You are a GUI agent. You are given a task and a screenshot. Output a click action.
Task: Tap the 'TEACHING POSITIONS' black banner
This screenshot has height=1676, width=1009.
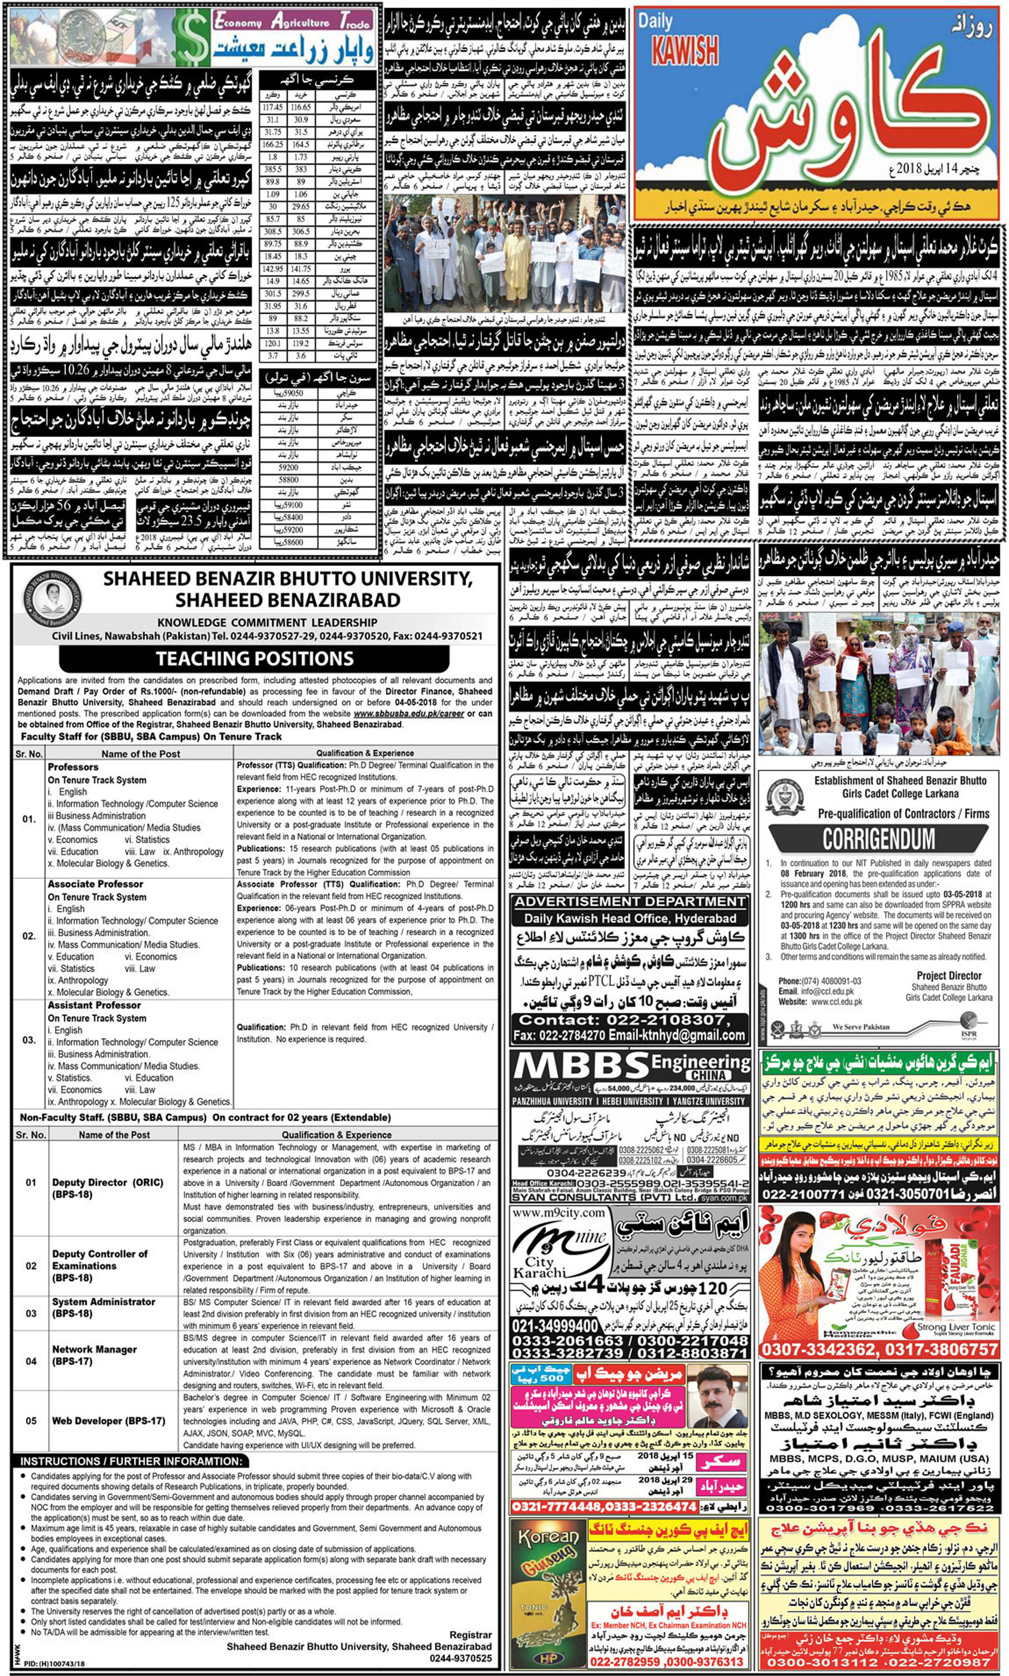coord(254,658)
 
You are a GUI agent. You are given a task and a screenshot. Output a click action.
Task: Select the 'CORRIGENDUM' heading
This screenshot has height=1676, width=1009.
coord(878,839)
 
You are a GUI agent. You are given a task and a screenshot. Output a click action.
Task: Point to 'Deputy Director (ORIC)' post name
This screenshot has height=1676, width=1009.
coord(107,1183)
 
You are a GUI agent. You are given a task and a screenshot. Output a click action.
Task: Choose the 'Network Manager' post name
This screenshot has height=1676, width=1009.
coord(94,1349)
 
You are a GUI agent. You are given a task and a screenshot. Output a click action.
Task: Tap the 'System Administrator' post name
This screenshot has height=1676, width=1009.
coord(103,1302)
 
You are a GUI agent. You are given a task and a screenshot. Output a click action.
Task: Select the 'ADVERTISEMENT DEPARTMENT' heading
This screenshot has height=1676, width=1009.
coord(630,902)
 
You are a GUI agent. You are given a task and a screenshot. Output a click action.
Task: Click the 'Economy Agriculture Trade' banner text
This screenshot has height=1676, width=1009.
coord(293,22)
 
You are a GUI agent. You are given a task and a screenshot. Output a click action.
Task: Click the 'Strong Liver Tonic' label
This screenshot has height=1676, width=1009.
coord(956,1326)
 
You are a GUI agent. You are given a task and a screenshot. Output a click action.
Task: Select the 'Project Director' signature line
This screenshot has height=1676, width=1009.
coord(948,975)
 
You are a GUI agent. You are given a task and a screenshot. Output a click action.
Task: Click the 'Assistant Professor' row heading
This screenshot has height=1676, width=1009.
coord(94,1005)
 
